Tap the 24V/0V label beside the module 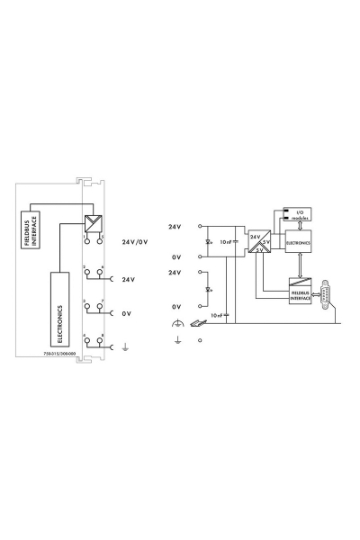pos(135,242)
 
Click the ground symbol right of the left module pos(124,343)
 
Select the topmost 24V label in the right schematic pos(175,226)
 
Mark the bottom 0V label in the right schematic pos(176,307)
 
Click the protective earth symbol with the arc pos(177,323)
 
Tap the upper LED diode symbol pos(210,242)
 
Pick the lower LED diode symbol pos(210,290)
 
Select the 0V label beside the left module pos(127,314)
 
